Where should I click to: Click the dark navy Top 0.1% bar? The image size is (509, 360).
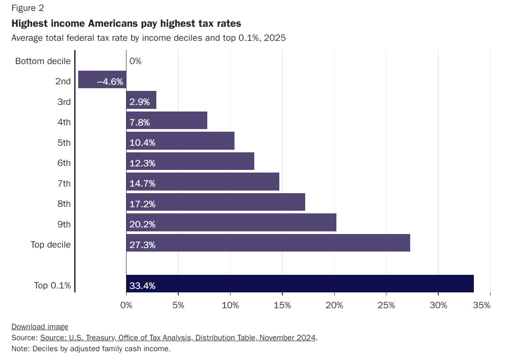(300, 284)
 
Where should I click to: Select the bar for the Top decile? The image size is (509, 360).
(268, 243)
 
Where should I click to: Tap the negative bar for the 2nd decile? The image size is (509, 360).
(102, 79)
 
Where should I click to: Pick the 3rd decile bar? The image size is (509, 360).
(141, 100)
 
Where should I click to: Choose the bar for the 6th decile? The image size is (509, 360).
(190, 161)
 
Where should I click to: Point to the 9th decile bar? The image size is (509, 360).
(231, 222)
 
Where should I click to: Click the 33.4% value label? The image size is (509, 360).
(142, 286)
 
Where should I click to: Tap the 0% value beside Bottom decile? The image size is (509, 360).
(135, 61)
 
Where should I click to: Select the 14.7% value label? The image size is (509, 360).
(142, 184)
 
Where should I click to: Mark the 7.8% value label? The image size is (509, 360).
(140, 122)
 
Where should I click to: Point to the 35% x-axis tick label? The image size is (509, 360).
(482, 305)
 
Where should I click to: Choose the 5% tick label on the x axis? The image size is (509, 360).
(178, 305)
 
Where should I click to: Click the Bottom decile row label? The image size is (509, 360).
(43, 61)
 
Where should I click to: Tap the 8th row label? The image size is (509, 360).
(64, 204)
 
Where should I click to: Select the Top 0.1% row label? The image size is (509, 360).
(53, 285)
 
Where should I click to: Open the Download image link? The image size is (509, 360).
(40, 327)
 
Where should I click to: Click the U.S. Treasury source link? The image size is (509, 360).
(178, 338)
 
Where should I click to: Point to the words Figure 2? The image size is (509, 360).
(28, 8)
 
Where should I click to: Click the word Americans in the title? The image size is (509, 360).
(113, 23)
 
